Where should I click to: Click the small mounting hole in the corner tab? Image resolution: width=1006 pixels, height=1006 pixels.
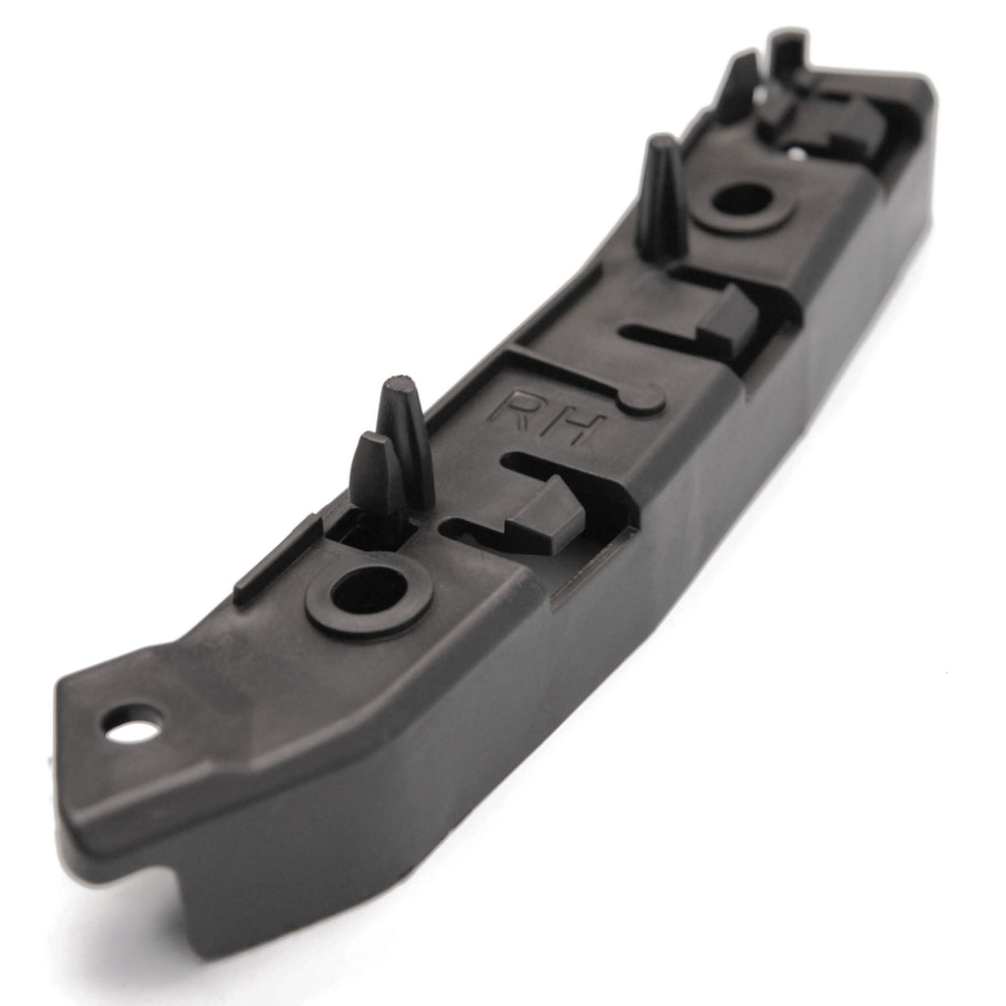tap(131, 729)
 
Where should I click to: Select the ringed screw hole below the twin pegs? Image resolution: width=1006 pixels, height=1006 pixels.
tap(366, 592)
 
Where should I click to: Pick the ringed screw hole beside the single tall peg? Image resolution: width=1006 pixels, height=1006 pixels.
tap(742, 201)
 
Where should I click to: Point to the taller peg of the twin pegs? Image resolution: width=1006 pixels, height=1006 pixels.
tap(405, 437)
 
